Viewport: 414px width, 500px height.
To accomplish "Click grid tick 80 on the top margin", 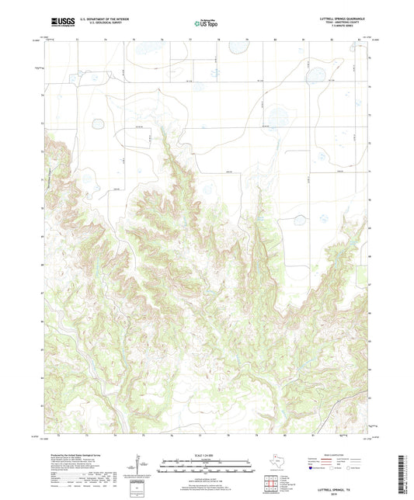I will (276, 37).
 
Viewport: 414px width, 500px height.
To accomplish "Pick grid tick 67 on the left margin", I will (43, 293).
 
